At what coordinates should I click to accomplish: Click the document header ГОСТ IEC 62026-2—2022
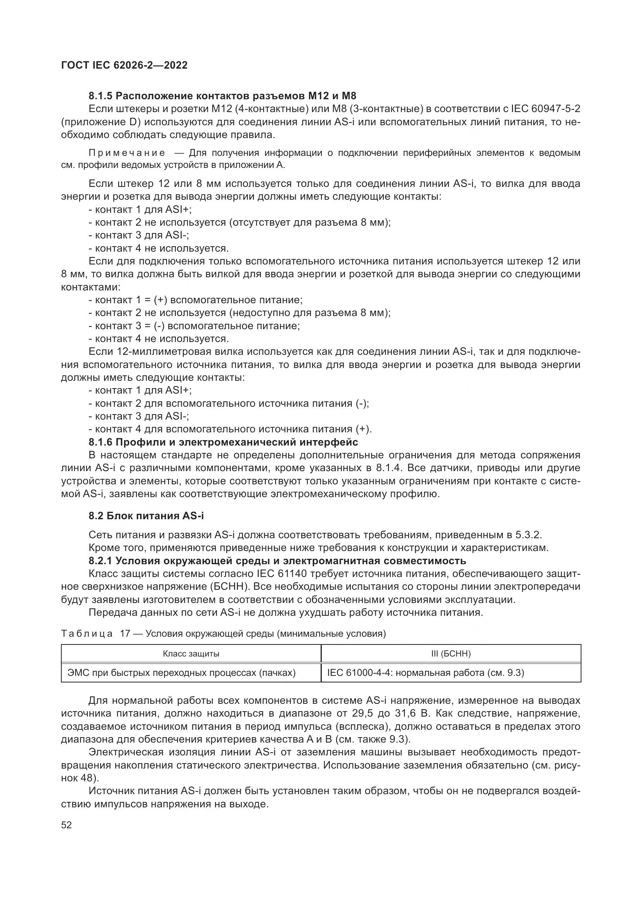point(124,65)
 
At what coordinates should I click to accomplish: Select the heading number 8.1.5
point(101,96)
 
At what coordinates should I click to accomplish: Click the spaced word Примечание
point(127,153)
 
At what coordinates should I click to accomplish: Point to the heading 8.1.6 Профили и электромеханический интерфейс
point(223,442)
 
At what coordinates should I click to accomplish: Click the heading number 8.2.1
point(101,561)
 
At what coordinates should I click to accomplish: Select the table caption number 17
point(125,634)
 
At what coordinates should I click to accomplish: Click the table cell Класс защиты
point(191,654)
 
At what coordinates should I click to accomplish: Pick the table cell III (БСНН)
point(451,654)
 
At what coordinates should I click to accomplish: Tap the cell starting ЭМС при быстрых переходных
point(181,673)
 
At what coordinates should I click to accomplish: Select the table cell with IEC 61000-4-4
point(425,673)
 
